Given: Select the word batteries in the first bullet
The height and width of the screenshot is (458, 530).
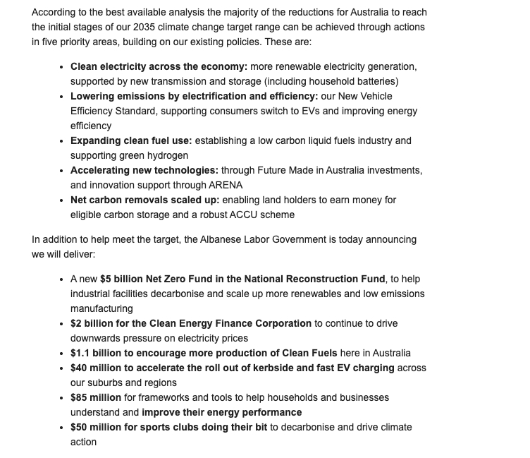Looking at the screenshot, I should click(376, 81).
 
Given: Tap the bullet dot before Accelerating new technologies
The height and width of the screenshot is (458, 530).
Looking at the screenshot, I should click(62, 171).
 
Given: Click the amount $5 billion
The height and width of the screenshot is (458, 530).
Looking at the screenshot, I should click(121, 279).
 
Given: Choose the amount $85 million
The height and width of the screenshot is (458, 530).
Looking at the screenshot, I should click(96, 397).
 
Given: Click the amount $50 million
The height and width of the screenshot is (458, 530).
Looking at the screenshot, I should click(96, 427).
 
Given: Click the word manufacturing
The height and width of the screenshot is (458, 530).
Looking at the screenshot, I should click(101, 308).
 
